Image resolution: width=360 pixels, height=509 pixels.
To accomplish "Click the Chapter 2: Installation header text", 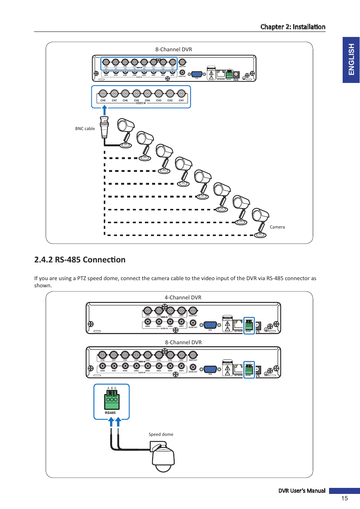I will [292, 27].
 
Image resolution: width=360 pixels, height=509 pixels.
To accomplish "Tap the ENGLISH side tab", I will [351, 60].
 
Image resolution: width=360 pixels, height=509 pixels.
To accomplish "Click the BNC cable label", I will [85, 129].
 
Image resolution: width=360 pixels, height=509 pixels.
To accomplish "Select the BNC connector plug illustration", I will [104, 127].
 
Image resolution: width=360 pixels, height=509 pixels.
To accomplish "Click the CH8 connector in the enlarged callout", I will [103, 94].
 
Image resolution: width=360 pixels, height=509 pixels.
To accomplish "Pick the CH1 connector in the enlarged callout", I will [182, 94].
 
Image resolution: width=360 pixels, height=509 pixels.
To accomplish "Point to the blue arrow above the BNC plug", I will [105, 110].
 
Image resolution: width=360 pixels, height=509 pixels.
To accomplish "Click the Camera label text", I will [277, 227].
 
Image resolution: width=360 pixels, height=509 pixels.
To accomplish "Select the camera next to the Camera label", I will [260, 222].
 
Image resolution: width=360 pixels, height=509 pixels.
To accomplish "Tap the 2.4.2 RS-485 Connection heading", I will [80, 260].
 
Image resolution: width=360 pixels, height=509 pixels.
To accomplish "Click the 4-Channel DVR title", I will [183, 297].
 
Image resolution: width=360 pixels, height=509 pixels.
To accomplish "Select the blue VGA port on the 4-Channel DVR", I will [210, 325].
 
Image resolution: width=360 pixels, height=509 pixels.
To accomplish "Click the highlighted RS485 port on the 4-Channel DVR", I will [249, 325].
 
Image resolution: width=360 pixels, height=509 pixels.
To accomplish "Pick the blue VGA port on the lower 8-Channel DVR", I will [210, 369].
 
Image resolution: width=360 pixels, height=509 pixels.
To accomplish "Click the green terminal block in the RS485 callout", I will [112, 400].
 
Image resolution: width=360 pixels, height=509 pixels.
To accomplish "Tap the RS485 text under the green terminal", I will [110, 413].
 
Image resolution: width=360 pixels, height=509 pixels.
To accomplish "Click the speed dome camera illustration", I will [163, 457].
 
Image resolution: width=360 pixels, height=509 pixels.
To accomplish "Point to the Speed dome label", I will [161, 434].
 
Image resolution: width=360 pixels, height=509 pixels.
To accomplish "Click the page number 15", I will [344, 498].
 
